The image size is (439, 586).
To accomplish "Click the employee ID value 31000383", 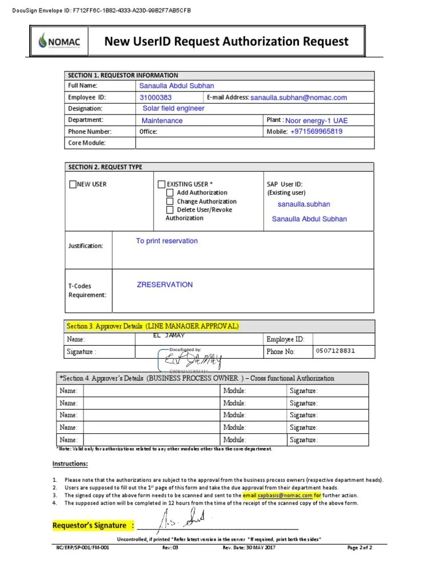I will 156,98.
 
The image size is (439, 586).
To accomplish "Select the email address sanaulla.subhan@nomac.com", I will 298,98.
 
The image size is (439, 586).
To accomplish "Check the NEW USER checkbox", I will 72,184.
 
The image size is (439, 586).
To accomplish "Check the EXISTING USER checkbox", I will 161,184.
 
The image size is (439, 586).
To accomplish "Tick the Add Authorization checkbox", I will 170,193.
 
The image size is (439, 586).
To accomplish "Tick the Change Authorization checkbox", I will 170,201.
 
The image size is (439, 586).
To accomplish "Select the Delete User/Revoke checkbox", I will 170,210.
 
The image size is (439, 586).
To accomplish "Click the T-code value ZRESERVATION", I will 165,284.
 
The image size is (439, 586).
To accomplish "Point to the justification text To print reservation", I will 166,241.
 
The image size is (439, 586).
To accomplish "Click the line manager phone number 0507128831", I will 334,351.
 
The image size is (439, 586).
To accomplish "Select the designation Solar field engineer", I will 173,108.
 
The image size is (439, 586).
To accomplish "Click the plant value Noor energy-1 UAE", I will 316,121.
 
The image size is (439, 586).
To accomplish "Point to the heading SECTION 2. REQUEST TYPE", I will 105,167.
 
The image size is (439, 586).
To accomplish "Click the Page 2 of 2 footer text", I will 360,548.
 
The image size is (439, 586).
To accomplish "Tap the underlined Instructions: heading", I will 70,464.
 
